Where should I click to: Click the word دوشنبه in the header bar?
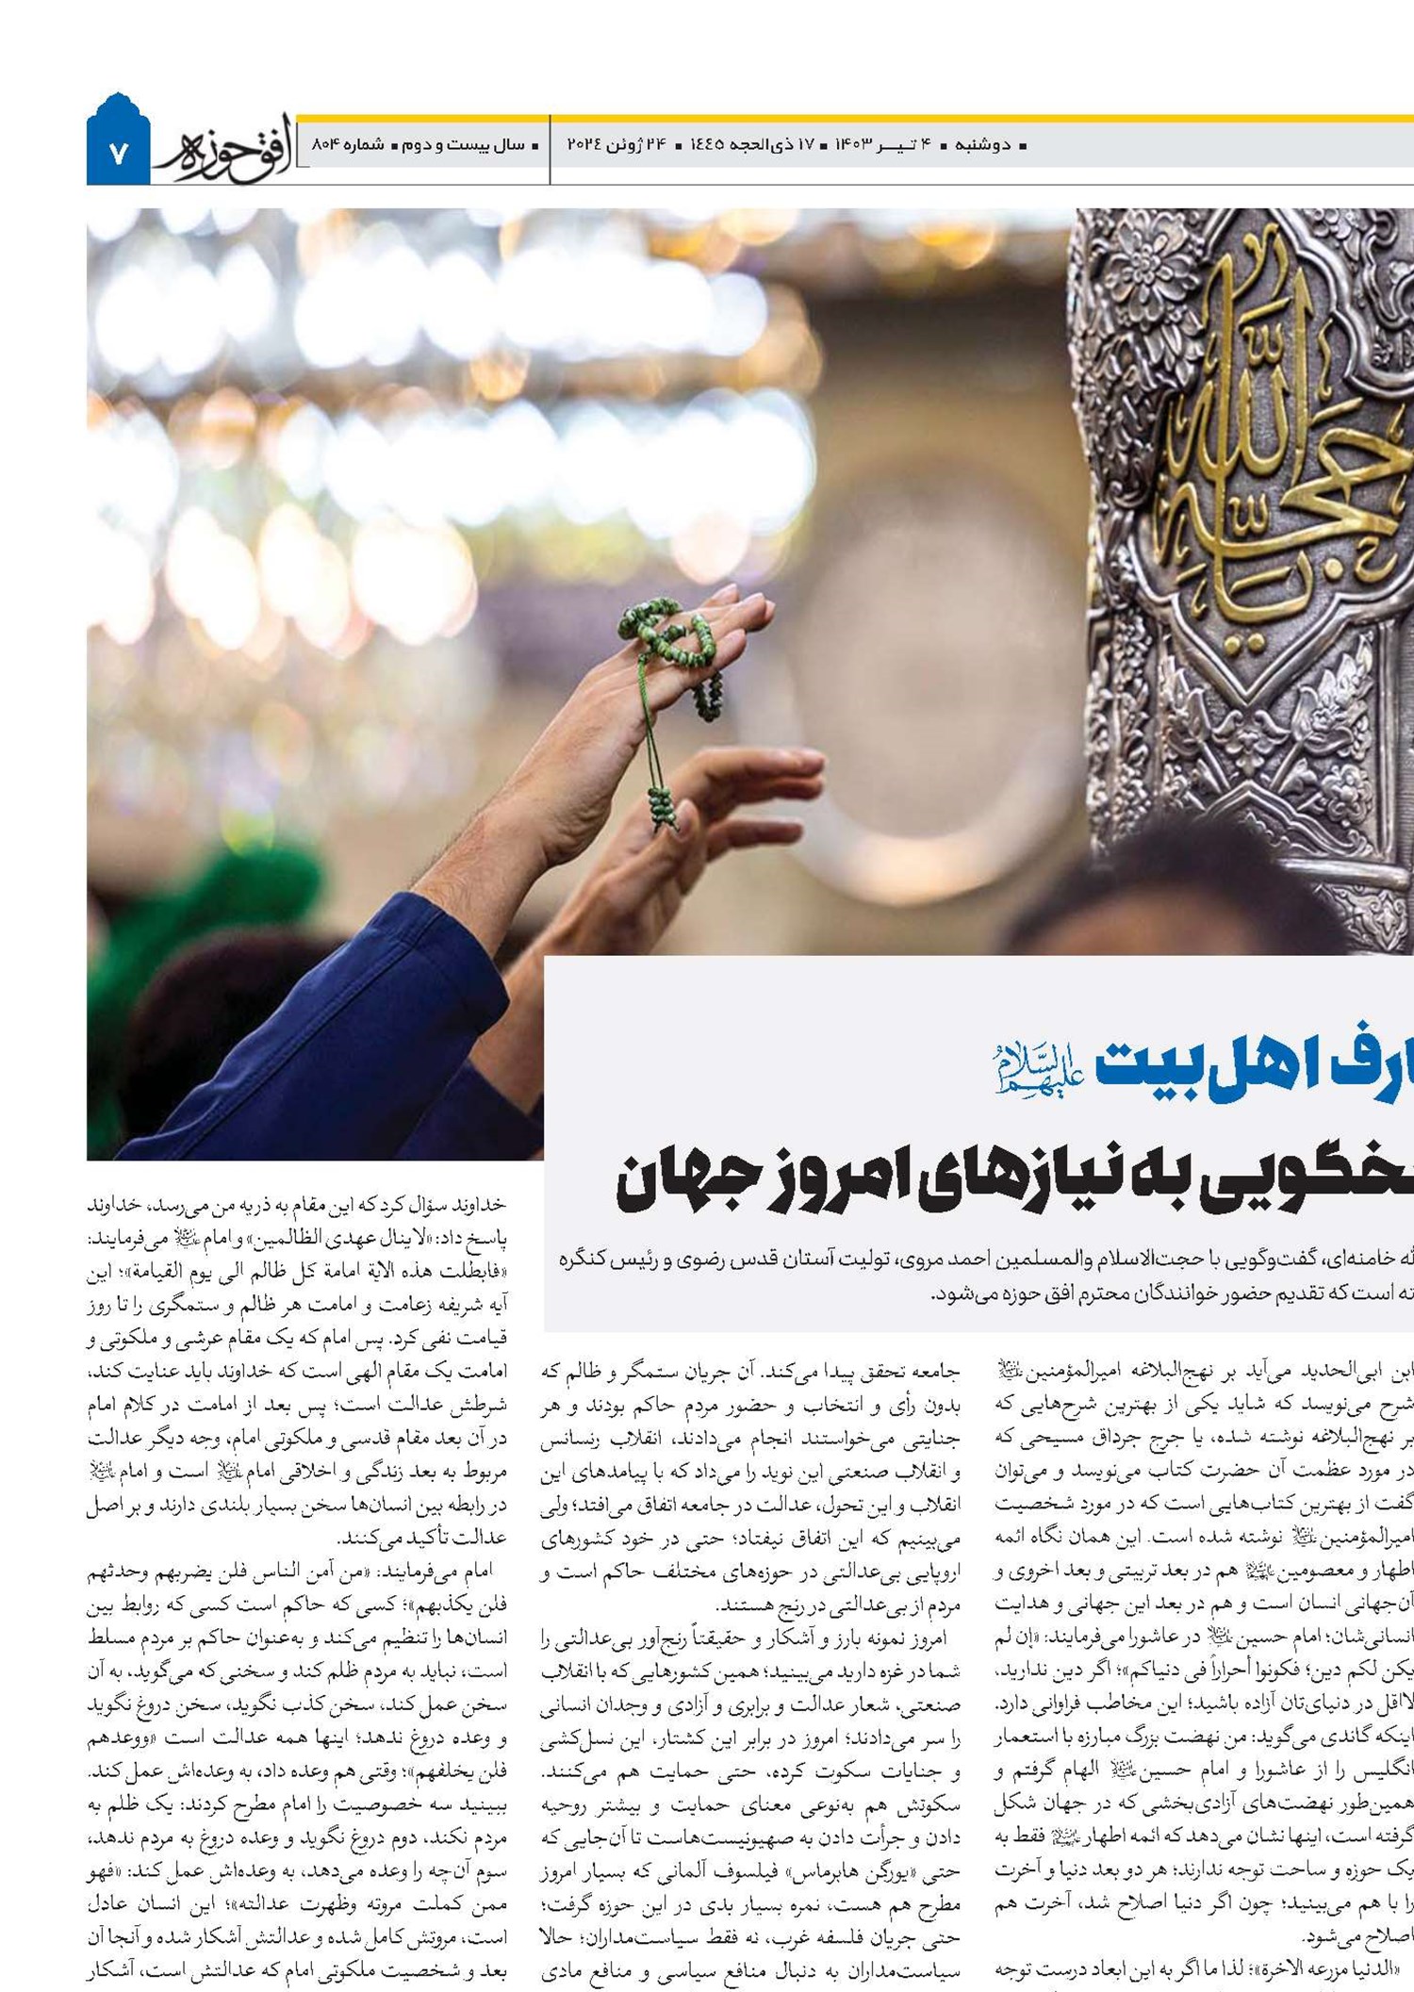point(982,145)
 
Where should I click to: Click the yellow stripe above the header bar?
point(848,119)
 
